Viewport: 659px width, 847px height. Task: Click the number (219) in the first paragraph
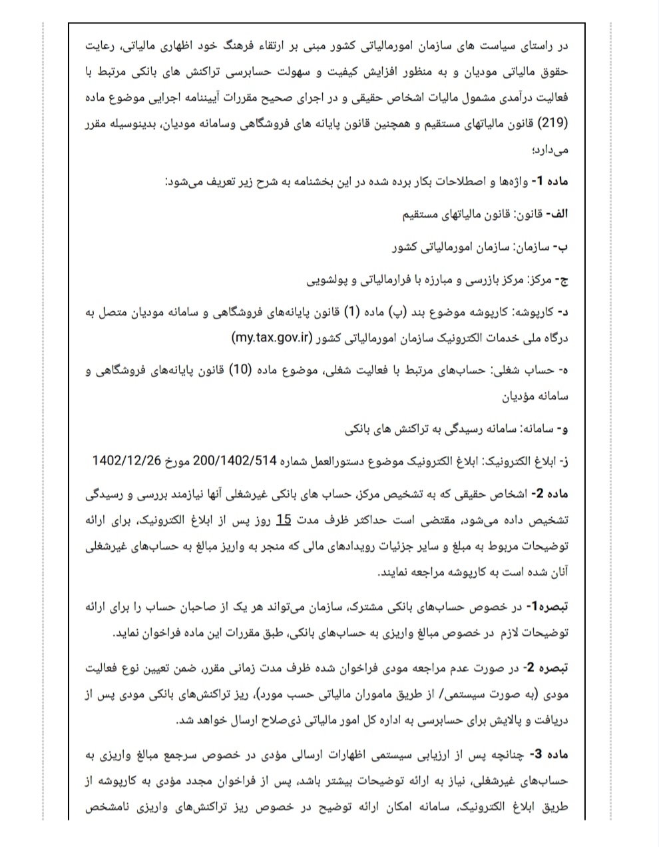556,123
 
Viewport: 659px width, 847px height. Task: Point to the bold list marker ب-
563,247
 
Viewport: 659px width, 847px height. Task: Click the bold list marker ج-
563,281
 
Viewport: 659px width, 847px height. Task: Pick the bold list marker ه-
563,370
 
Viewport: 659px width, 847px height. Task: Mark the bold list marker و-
563,430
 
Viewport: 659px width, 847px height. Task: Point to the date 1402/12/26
127,461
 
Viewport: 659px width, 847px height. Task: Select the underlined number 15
284,519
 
